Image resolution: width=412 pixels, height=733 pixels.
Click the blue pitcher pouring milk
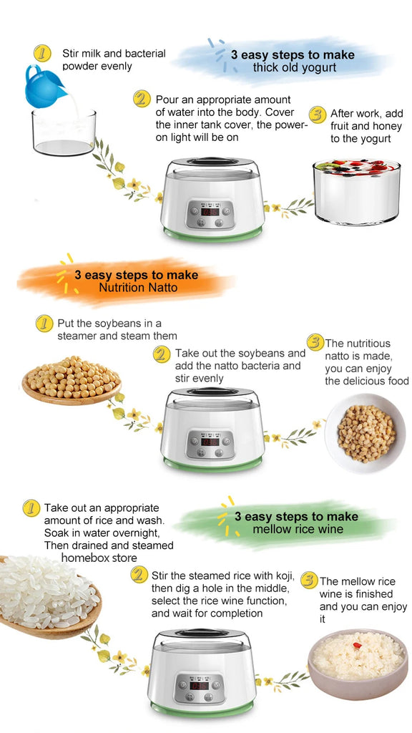pyautogui.click(x=45, y=87)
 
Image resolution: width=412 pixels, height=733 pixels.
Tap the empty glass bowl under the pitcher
pyautogui.click(x=64, y=132)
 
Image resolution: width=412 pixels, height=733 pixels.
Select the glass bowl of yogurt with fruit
pyautogui.click(x=357, y=192)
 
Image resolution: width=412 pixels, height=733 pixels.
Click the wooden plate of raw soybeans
pyautogui.click(x=72, y=380)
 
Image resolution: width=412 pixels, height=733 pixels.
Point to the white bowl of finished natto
pyautogui.click(x=366, y=433)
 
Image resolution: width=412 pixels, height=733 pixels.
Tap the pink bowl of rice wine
pyautogui.click(x=358, y=664)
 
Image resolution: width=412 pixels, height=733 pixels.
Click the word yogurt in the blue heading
pyautogui.click(x=319, y=68)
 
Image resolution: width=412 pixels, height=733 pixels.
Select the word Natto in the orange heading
pyautogui.click(x=160, y=287)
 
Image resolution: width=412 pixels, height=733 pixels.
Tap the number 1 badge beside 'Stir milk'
pyautogui.click(x=42, y=53)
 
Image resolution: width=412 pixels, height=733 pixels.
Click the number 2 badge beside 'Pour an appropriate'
pyautogui.click(x=142, y=99)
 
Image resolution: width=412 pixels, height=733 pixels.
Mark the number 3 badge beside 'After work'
pyautogui.click(x=317, y=115)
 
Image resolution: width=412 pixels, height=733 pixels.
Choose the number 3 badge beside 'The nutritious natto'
pyautogui.click(x=315, y=342)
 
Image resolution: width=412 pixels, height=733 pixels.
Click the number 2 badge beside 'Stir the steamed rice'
pyautogui.click(x=139, y=575)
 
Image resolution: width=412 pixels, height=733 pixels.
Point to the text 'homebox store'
pyautogui.click(x=99, y=558)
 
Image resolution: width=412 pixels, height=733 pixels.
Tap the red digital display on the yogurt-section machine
pyautogui.click(x=210, y=212)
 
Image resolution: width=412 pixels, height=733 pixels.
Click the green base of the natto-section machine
pyautogui.click(x=212, y=464)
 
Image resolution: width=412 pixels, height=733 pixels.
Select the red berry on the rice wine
pyautogui.click(x=358, y=646)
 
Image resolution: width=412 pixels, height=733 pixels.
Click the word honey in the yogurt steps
pyautogui.click(x=388, y=126)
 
